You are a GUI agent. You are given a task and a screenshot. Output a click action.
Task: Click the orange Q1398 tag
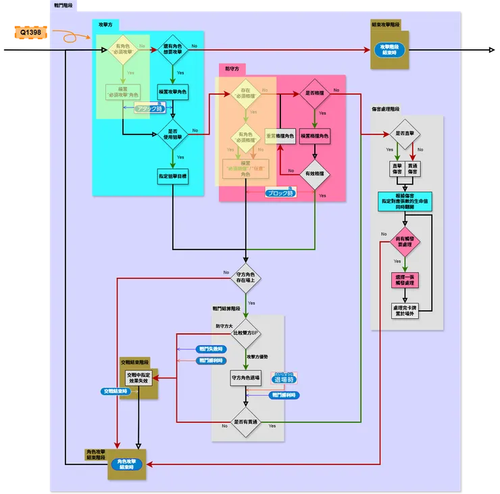pos(29,32)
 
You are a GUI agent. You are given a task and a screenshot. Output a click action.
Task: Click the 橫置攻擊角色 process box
pos(172,91)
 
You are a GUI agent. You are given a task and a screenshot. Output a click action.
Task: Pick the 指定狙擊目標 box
pos(172,176)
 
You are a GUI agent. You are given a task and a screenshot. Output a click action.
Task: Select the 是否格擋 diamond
pos(314,94)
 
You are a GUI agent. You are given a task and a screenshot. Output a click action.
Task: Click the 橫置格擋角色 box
pos(314,136)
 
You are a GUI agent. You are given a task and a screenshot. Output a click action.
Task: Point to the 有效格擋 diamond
pos(314,174)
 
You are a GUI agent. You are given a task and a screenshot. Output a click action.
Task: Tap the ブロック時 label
pos(280,193)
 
